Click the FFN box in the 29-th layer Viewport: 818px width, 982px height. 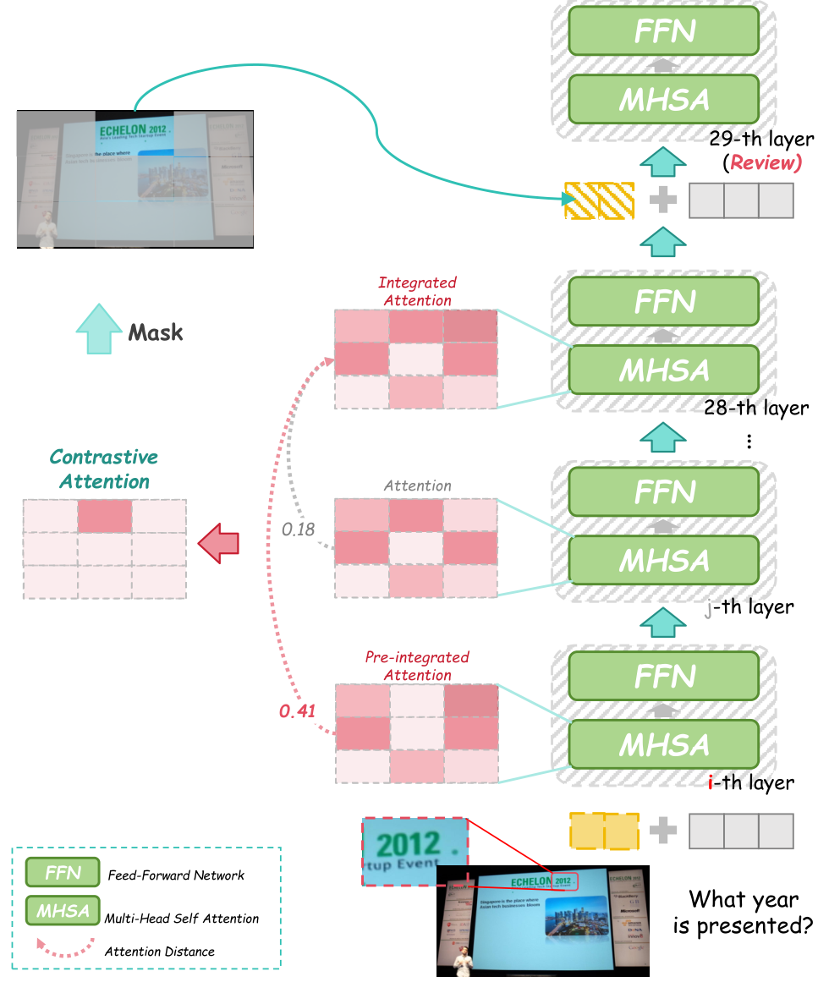(x=664, y=32)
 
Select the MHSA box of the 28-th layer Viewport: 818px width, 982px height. (x=664, y=370)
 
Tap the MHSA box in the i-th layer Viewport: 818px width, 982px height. (x=664, y=745)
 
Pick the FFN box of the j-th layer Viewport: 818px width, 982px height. (x=664, y=491)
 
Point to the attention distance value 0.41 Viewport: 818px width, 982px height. (x=297, y=711)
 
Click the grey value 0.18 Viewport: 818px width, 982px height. (x=298, y=529)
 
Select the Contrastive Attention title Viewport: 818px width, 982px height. (x=104, y=469)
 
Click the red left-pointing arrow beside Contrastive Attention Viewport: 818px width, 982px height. (x=218, y=540)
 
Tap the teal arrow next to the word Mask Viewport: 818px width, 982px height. (x=99, y=330)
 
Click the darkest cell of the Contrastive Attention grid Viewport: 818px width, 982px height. (x=105, y=515)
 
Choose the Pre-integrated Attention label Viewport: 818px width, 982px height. (x=417, y=666)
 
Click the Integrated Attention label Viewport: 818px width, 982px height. (x=417, y=291)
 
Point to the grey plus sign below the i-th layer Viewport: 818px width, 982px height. (x=663, y=830)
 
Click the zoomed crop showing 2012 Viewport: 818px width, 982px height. (x=413, y=851)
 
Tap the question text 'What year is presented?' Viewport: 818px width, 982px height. (x=743, y=913)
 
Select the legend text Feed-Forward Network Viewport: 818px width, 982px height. (x=176, y=875)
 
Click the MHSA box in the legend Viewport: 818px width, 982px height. (x=63, y=912)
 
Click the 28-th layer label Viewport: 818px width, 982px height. (x=755, y=409)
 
